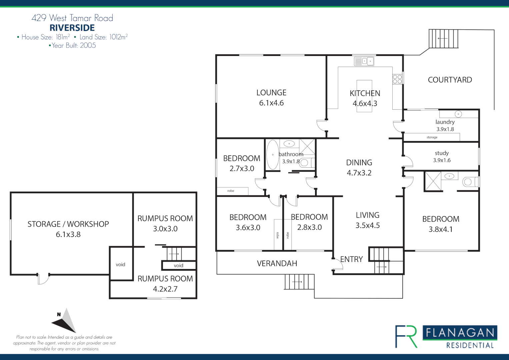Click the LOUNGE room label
coord(271,93)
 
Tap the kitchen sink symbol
coord(364,61)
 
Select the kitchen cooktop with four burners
coord(397,79)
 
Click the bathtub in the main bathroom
coord(273,155)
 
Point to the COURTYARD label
coord(450,80)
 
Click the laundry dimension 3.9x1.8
coord(445,129)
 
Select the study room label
coord(442,153)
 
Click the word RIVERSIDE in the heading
coord(72,28)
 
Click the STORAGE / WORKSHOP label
coord(68,224)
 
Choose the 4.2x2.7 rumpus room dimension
coord(165,289)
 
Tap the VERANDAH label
coord(277,263)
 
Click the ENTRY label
coord(351,259)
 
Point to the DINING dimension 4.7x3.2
coord(359,173)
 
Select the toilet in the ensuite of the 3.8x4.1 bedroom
coord(470,182)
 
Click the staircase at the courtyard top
coord(443,39)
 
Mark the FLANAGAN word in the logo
coord(460,333)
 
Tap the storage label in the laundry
coord(432,137)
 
